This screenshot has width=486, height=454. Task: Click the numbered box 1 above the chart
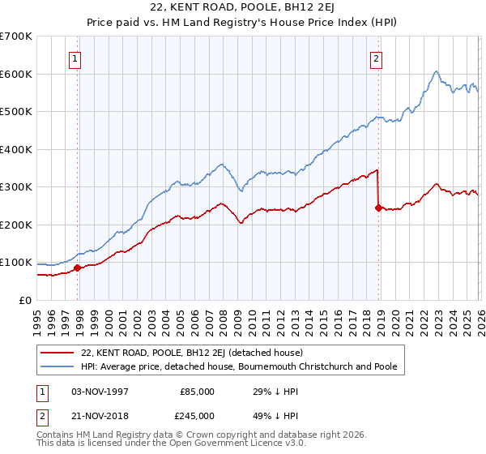(x=75, y=58)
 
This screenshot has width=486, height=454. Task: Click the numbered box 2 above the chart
(x=377, y=58)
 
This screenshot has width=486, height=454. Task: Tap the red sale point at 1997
(x=78, y=268)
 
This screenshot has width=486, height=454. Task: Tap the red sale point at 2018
(x=378, y=208)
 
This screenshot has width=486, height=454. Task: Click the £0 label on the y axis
(x=24, y=301)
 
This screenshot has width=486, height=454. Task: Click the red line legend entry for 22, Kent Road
(x=191, y=353)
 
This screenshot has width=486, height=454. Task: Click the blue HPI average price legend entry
(x=239, y=367)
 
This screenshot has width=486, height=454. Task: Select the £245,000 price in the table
(x=197, y=415)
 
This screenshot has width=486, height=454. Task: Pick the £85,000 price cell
(x=197, y=392)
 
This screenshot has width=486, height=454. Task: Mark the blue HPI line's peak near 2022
(x=436, y=71)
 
